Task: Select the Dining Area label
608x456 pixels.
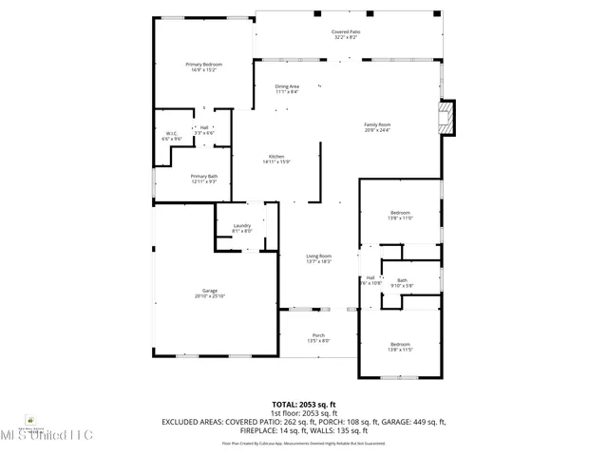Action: click(287, 88)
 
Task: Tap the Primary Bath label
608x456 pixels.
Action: click(203, 178)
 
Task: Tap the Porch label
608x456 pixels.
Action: click(318, 336)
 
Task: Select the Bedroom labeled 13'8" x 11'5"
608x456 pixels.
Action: click(400, 346)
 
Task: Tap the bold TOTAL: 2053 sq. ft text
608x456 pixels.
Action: click(303, 404)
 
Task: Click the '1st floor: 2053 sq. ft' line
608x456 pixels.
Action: click(304, 413)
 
